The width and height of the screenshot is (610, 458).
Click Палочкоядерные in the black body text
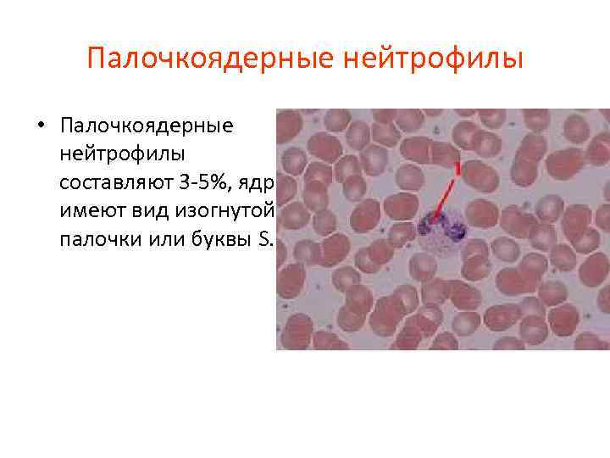[x=146, y=126]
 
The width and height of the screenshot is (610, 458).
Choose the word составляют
[x=113, y=182]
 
